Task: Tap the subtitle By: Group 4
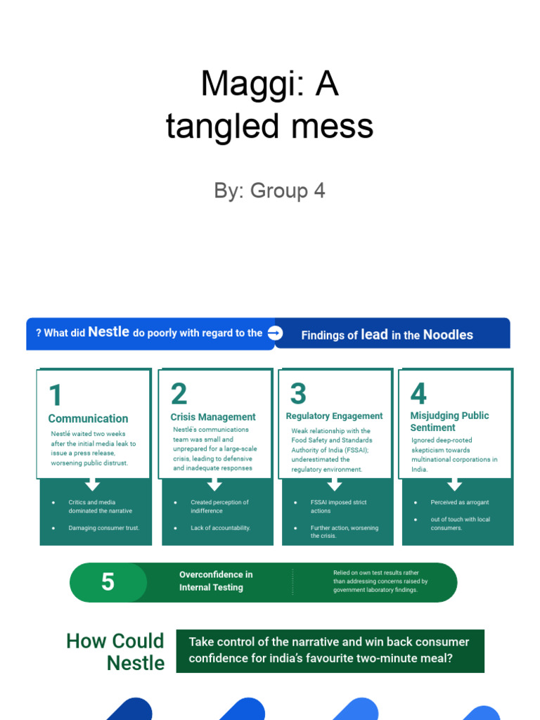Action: (269, 191)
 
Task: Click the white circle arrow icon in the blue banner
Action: (275, 333)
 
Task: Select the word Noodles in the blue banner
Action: (448, 335)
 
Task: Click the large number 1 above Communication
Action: (56, 394)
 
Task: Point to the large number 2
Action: (179, 394)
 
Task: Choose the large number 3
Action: (298, 394)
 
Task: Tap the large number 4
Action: (418, 394)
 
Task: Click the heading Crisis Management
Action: (213, 417)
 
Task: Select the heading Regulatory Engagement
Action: (334, 416)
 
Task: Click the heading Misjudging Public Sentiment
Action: (449, 421)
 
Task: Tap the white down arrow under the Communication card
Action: (92, 484)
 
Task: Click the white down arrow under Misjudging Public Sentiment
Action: (455, 484)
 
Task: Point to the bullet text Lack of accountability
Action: (220, 528)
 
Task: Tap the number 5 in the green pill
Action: (108, 582)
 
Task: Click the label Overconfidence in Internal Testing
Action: (215, 581)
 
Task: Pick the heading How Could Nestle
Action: (116, 652)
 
